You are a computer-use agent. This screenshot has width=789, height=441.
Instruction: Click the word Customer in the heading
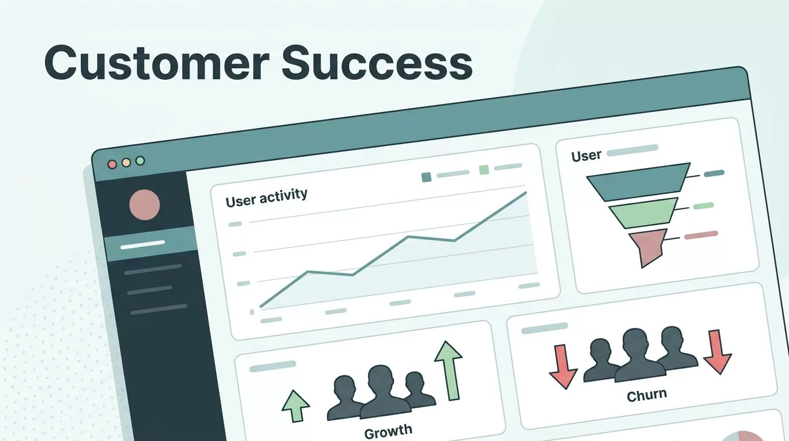(157, 63)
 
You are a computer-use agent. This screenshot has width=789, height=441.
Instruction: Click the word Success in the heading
(377, 63)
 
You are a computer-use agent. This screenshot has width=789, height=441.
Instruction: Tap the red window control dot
(112, 164)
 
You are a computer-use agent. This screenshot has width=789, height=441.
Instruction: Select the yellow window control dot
(126, 163)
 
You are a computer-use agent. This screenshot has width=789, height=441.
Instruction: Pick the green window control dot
(140, 161)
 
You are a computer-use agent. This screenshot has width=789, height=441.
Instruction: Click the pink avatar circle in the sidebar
(144, 205)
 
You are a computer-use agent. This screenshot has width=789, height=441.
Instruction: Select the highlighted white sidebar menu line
(142, 245)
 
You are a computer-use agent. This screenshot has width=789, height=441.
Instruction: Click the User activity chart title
(266, 198)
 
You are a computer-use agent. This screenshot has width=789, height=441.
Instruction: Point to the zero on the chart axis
(252, 312)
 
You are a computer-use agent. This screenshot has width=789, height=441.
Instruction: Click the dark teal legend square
(426, 177)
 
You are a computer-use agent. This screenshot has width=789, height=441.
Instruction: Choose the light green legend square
(484, 170)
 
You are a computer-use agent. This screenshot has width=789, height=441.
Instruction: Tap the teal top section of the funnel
(638, 181)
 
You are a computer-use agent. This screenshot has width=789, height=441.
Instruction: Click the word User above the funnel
(586, 156)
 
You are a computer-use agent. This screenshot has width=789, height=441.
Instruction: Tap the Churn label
(647, 395)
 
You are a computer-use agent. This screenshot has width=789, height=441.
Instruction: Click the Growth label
(388, 431)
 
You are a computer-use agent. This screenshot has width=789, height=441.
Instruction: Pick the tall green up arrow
(449, 370)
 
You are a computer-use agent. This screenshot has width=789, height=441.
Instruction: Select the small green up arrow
(296, 406)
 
